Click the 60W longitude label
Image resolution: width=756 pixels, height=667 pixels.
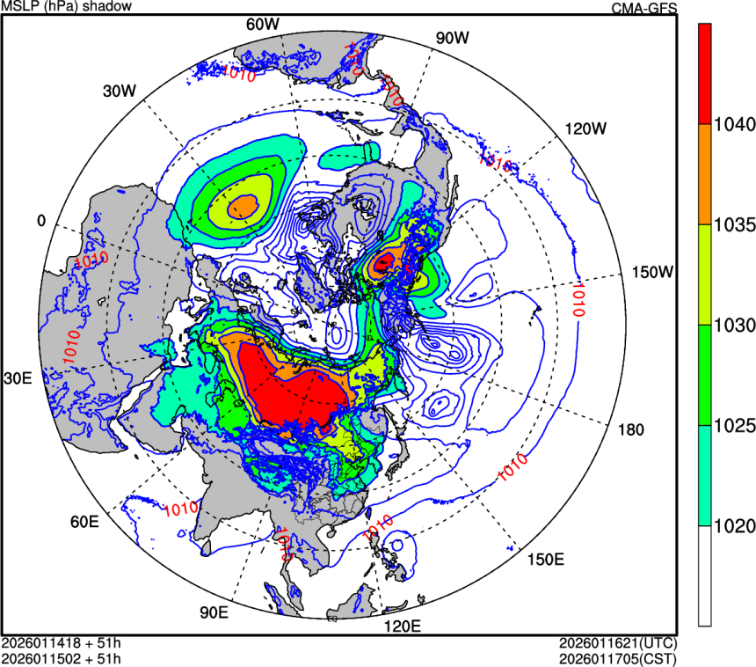(x=262, y=24)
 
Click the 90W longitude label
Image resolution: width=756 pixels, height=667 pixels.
(x=453, y=38)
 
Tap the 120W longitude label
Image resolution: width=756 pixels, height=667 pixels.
(x=586, y=128)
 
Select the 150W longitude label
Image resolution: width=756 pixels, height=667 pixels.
(x=652, y=272)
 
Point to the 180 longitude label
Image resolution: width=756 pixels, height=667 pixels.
(x=631, y=430)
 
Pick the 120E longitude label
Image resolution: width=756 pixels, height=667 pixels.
(x=404, y=627)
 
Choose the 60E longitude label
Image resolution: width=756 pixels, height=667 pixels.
(x=84, y=522)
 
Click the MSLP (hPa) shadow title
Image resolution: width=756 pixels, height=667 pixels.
(x=67, y=7)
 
